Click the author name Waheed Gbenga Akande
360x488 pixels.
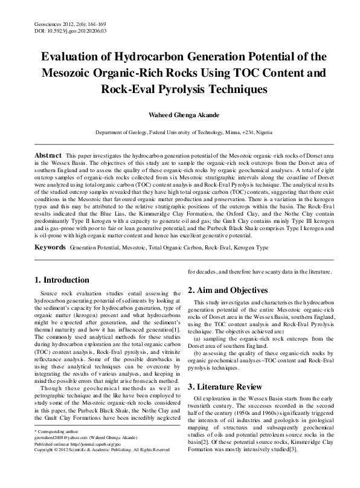(179, 114)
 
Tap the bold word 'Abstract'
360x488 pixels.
(48, 156)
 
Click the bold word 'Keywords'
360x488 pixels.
(50, 248)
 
